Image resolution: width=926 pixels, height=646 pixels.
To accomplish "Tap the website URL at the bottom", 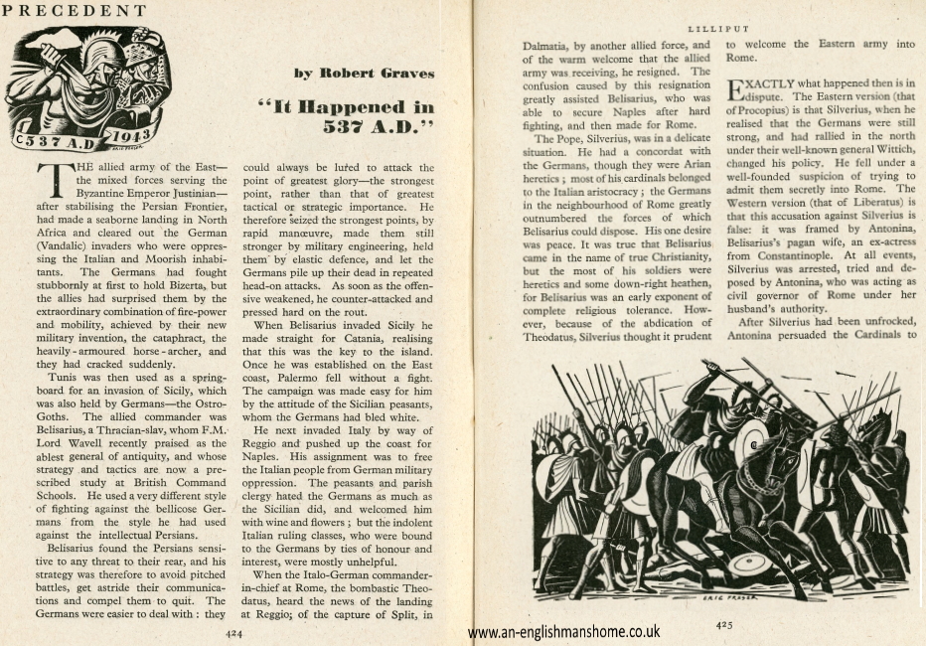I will tap(563, 631).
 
